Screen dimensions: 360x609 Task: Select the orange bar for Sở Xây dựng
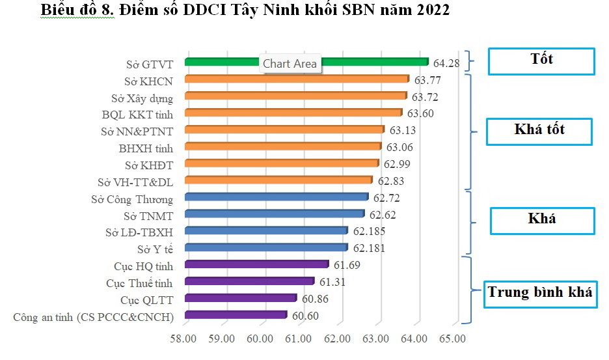[296, 96]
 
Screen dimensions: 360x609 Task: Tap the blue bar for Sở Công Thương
[277, 197]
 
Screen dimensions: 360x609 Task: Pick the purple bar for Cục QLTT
[241, 298]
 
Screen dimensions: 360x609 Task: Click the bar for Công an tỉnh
[236, 315]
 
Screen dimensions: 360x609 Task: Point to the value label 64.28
[446, 63]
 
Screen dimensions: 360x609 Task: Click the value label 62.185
[369, 231]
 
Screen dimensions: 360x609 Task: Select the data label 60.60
[305, 316]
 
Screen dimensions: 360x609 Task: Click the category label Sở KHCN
[148, 81]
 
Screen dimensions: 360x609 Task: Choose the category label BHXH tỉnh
[146, 148]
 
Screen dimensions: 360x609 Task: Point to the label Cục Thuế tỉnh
[139, 283]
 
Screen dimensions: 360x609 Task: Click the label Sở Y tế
[155, 249]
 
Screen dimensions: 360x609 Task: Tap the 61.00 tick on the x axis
[299, 339]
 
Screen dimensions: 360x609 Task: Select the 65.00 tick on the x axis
[452, 339]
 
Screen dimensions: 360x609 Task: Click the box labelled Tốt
[541, 61]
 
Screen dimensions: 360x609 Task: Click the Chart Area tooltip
[290, 64]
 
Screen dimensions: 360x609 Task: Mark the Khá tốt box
[539, 130]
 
